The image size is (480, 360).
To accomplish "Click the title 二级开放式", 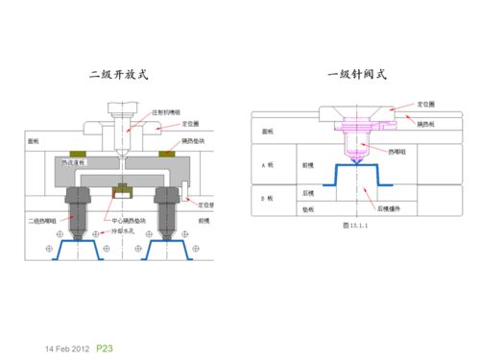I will tap(119, 74).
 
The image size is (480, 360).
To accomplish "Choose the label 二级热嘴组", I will tap(41, 221).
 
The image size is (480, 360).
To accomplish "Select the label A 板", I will tap(269, 165).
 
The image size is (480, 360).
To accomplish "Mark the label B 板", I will tap(269, 198).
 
